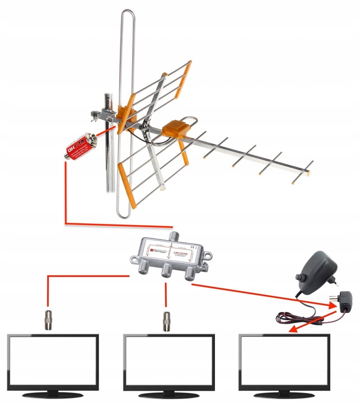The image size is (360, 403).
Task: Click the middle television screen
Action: point(169,360)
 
